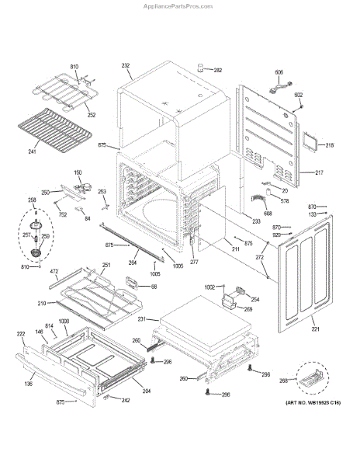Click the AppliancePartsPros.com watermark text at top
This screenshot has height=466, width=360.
pyautogui.click(x=180, y=5)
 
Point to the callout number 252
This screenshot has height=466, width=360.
pyautogui.click(x=92, y=115)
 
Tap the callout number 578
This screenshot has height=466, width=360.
pyautogui.click(x=285, y=201)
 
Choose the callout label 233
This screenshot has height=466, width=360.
pyautogui.click(x=255, y=221)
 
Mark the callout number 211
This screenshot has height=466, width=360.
pyautogui.click(x=235, y=249)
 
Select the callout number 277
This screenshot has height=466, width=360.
pyautogui.click(x=194, y=263)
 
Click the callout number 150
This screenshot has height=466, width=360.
pyautogui.click(x=78, y=172)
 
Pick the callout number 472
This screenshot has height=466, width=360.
pyautogui.click(x=55, y=271)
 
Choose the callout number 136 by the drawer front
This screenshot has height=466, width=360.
pyautogui.click(x=28, y=381)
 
